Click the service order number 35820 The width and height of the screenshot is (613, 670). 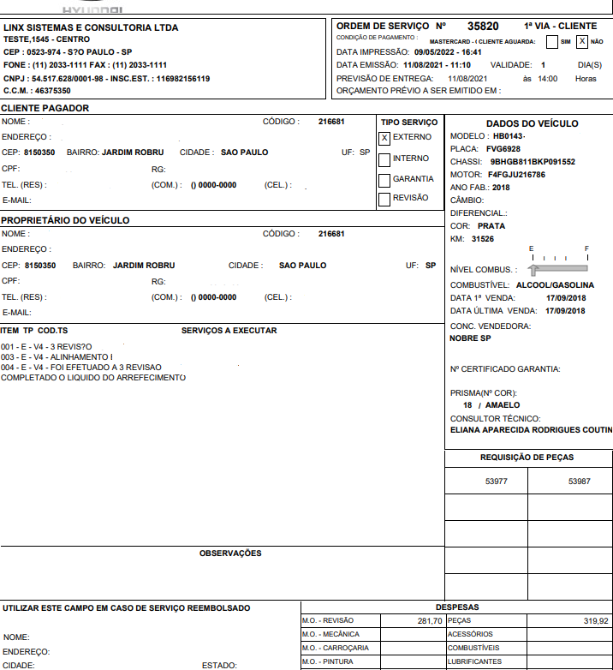484,26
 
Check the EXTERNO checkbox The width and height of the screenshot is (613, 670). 384,137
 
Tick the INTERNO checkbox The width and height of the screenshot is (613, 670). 384,159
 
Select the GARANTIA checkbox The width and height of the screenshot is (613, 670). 384,179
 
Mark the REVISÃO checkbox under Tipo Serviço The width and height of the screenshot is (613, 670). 384,199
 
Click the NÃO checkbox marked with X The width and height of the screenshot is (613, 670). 582,41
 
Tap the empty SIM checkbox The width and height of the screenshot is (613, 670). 552,41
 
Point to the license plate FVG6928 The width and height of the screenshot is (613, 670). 503,148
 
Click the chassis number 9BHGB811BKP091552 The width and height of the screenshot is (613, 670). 533,161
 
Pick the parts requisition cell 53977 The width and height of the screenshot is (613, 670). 497,482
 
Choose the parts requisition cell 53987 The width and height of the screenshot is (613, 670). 580,482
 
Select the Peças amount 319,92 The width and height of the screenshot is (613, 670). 595,620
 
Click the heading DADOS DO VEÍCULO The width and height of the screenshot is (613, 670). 532,123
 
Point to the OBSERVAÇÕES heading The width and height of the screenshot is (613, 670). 230,553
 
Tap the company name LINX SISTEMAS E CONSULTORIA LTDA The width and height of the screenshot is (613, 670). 91,27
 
